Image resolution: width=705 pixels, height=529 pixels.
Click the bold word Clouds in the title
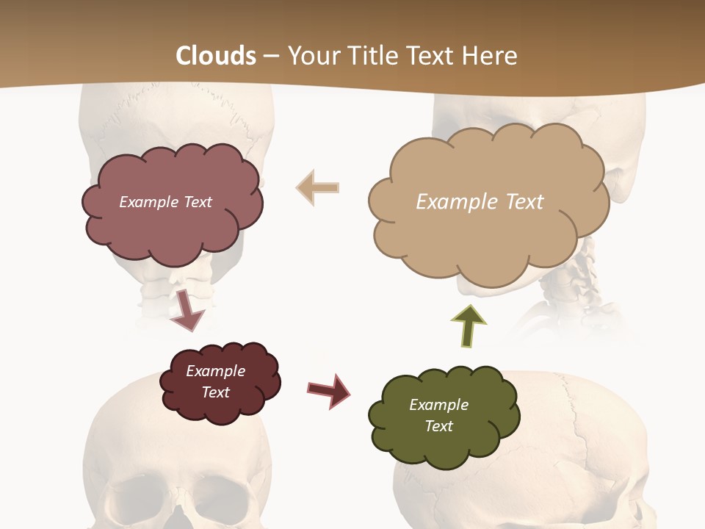tap(216, 56)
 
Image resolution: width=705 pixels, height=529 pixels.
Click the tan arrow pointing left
tap(317, 188)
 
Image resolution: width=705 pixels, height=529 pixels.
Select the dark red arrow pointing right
tap(329, 390)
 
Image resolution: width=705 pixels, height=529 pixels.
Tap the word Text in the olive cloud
tap(438, 426)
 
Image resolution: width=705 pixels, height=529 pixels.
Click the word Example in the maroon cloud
tap(215, 371)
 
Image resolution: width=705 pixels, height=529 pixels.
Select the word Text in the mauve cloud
tap(196, 202)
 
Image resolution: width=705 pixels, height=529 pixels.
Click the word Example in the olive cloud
tap(438, 405)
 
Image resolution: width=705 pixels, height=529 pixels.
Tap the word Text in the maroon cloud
tap(215, 392)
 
